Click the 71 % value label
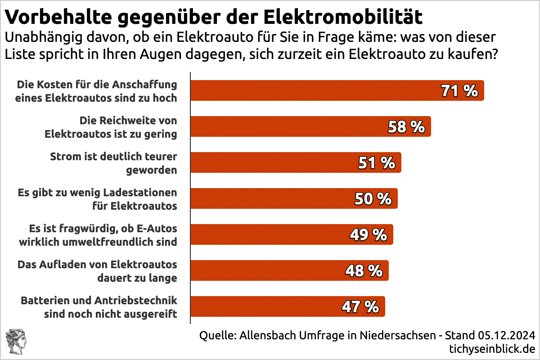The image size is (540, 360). (459, 91)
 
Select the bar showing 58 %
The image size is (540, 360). (310, 126)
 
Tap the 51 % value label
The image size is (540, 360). (377, 163)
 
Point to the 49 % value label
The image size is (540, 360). (369, 234)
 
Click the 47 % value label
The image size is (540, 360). (360, 307)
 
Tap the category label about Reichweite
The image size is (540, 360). (110, 127)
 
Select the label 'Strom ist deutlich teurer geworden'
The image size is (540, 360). (113, 163)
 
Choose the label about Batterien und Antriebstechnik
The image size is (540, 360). (99, 307)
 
